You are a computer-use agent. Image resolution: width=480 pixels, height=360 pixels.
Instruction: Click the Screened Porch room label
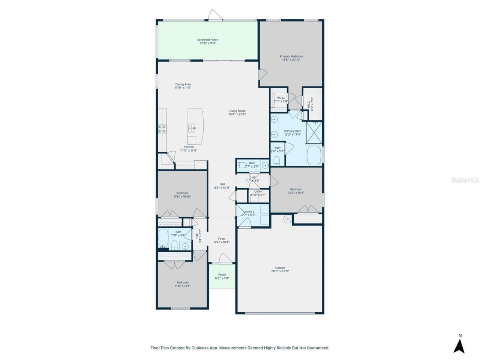[208, 40]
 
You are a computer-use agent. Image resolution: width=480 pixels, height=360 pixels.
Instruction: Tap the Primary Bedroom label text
[291, 56]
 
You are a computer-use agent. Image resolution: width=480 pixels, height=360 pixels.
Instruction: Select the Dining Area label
[183, 84]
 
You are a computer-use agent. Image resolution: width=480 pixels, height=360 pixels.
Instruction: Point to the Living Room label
[237, 111]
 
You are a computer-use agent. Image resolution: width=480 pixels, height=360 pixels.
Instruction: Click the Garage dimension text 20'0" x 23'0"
[280, 271]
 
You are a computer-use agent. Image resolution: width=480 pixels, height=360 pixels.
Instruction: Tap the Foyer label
[222, 239]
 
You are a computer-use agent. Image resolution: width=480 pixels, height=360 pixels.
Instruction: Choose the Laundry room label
[249, 211]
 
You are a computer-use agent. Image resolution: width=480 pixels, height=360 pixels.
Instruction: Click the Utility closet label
[258, 192]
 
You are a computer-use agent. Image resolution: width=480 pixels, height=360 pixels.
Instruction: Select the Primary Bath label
[292, 131]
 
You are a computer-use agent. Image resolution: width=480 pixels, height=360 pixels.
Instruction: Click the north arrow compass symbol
[459, 345]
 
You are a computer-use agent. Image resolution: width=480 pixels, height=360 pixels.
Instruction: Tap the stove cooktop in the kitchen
[162, 129]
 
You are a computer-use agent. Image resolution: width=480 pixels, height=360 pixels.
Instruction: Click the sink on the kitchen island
[192, 129]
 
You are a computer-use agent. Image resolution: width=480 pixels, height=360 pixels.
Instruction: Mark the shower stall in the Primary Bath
[314, 132]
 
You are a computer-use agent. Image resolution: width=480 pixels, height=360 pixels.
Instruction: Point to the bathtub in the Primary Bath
[314, 156]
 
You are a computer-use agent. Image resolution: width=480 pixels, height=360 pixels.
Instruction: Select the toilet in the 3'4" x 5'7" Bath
[277, 160]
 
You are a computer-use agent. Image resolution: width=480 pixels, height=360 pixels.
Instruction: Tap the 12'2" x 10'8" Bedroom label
[296, 189]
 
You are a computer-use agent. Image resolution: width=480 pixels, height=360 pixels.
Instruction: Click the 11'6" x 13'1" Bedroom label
[183, 282]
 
